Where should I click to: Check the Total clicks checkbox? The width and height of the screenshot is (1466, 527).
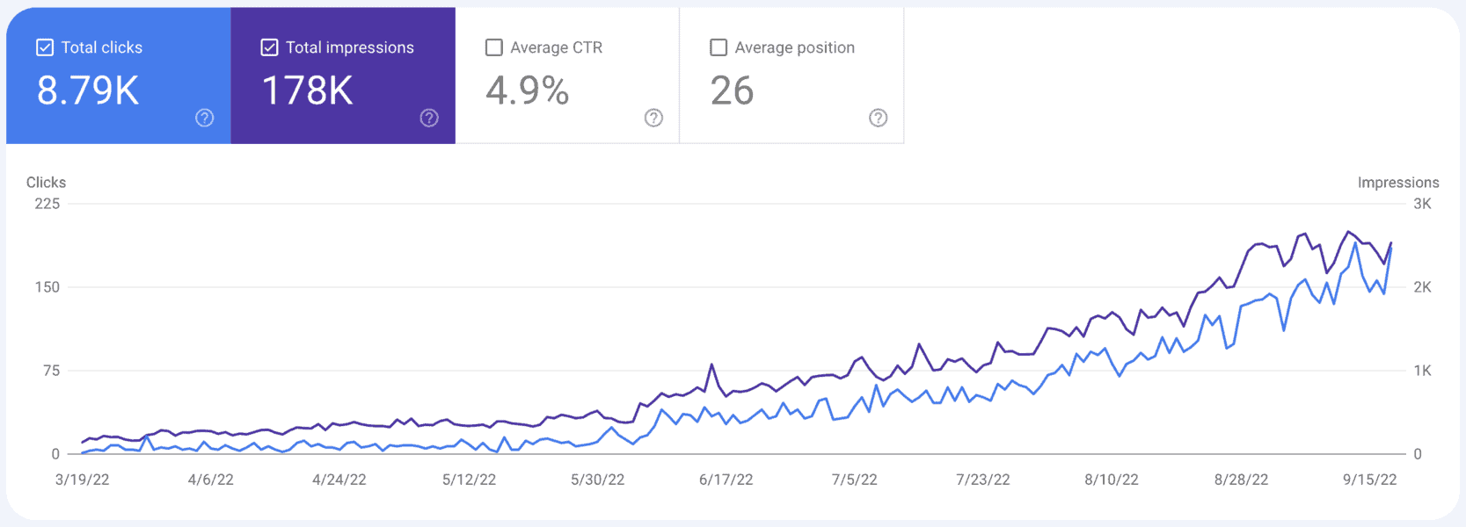click(x=45, y=47)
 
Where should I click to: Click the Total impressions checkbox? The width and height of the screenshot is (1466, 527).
click(x=270, y=47)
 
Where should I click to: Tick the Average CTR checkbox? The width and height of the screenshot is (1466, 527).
click(x=494, y=47)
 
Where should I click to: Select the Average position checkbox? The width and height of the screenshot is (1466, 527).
click(x=718, y=47)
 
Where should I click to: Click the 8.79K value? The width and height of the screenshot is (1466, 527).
click(x=88, y=90)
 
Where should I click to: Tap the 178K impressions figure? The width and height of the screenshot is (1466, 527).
click(x=308, y=90)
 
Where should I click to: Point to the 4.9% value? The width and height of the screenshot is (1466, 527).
click(x=528, y=90)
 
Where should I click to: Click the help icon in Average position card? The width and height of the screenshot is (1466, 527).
click(x=878, y=118)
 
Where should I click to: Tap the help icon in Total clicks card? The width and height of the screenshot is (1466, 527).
click(x=204, y=118)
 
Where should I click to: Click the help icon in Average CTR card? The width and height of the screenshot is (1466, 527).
click(x=653, y=118)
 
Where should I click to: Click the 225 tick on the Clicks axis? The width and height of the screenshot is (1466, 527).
click(x=47, y=204)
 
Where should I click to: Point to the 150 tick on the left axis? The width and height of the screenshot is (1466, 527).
click(x=47, y=287)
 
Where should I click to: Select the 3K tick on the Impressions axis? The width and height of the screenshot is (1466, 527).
click(x=1422, y=204)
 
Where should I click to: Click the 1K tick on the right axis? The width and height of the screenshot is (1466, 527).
click(x=1422, y=371)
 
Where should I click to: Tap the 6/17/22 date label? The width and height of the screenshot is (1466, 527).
click(x=726, y=480)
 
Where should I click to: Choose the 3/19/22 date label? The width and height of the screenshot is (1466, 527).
click(x=82, y=480)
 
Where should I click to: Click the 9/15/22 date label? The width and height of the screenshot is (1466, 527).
click(x=1369, y=480)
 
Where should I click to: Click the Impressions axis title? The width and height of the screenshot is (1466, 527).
click(x=1397, y=183)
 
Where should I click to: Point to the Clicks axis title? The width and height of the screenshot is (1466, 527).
click(x=46, y=183)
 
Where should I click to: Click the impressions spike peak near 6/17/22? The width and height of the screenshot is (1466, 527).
click(x=711, y=365)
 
